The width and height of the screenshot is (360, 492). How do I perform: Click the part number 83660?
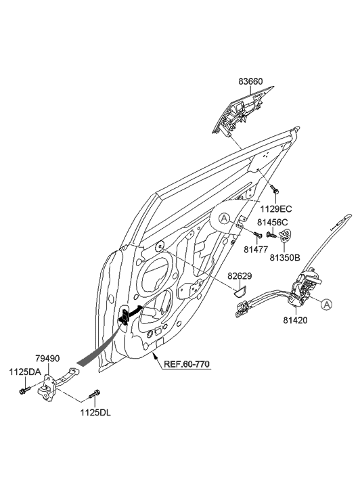pyautogui.click(x=250, y=82)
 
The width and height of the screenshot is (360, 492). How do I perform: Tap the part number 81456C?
pyautogui.click(x=274, y=221)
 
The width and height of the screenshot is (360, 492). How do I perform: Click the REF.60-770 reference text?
pyautogui.click(x=187, y=364)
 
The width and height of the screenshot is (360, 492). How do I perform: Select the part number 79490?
pyautogui.click(x=49, y=359)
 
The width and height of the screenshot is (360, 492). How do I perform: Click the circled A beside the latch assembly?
pyautogui.click(x=326, y=305)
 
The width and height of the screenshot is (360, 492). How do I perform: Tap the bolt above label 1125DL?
pyautogui.click(x=95, y=393)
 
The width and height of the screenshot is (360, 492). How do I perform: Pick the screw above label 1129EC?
pyautogui.click(x=272, y=187)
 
